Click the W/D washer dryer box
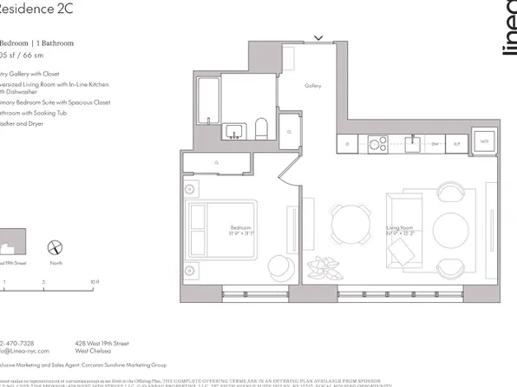[x=484, y=141]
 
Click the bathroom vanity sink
[x=233, y=132]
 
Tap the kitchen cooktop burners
[x=377, y=142]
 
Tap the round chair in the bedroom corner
[x=279, y=266]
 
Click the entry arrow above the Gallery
[x=318, y=38]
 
